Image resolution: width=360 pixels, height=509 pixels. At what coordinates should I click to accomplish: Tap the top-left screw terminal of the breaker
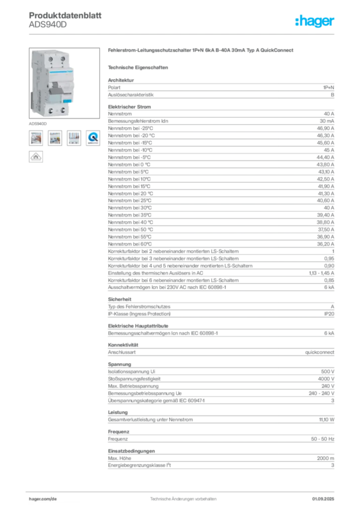coord(52,60)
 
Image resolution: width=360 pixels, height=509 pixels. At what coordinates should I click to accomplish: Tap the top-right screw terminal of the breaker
coord(63,60)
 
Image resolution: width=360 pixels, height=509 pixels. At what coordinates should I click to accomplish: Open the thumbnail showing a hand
coord(36,138)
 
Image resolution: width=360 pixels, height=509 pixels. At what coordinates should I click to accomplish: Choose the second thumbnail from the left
coord(55,138)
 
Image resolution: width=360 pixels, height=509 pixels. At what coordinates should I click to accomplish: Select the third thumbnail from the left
coord(74,138)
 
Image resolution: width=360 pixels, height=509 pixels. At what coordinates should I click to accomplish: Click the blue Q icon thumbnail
coord(92,138)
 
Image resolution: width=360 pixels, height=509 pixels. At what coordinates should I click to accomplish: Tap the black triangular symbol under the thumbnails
coord(36,156)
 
